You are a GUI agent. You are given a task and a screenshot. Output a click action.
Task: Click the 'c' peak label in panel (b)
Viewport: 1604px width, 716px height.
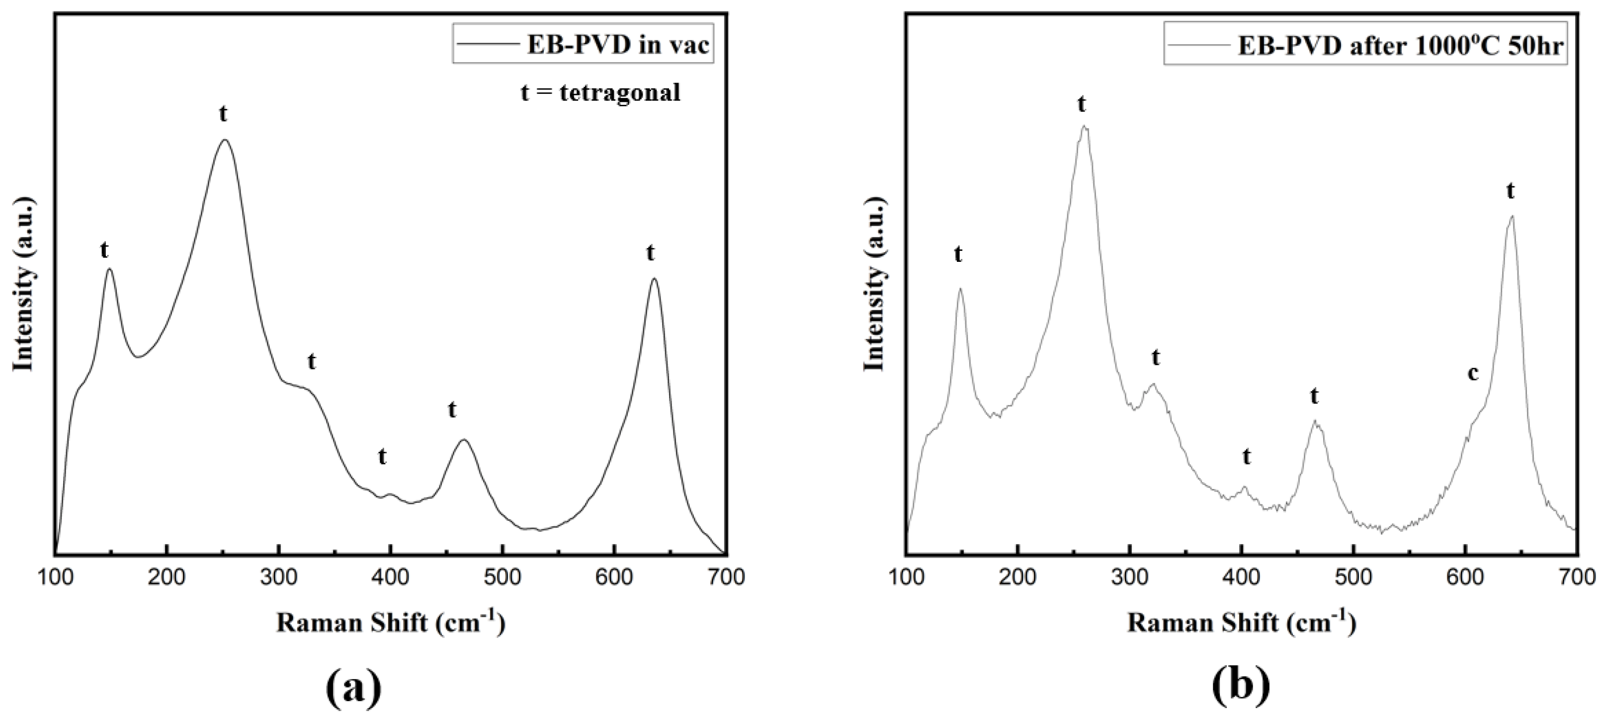pos(1473,374)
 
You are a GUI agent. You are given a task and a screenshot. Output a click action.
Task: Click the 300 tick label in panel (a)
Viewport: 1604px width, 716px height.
pos(278,577)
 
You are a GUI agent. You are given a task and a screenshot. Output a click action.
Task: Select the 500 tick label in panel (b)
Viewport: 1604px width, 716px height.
pos(1353,577)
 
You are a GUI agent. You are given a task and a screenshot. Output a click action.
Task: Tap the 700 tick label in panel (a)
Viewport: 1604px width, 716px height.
pos(726,577)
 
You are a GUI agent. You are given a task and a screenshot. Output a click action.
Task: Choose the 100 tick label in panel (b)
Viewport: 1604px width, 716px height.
pos(906,577)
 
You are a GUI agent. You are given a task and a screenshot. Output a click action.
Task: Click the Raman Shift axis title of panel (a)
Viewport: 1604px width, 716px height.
pos(390,623)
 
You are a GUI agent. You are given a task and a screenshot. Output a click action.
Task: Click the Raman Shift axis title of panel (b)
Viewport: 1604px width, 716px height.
pos(1241,623)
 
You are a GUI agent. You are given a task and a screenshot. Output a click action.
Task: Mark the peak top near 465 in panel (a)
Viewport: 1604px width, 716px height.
pos(463,440)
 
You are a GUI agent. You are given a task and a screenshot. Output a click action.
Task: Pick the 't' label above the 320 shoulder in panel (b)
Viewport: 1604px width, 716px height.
pos(1156,358)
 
